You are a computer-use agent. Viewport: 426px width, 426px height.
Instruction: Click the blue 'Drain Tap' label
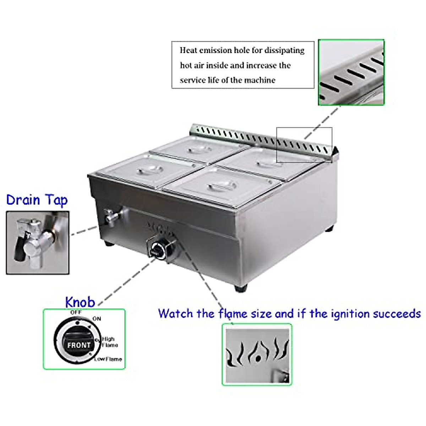pyautogui.click(x=37, y=200)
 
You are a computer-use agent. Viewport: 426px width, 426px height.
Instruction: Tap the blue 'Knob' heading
pyautogui.click(x=80, y=302)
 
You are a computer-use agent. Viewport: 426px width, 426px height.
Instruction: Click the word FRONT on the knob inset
pyautogui.click(x=79, y=345)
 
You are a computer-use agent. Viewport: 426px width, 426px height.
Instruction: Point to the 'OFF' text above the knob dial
pyautogui.click(x=76, y=312)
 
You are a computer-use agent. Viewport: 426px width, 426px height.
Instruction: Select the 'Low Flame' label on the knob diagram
pyautogui.click(x=108, y=359)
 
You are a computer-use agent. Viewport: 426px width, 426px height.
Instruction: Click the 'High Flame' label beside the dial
pyautogui.click(x=110, y=342)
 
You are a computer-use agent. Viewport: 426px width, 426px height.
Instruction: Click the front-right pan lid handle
pyautogui.click(x=222, y=186)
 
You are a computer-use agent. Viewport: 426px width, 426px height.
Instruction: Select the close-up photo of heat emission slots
pyautogui.click(x=351, y=72)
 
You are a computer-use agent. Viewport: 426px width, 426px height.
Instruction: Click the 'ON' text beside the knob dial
pyautogui.click(x=97, y=319)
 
